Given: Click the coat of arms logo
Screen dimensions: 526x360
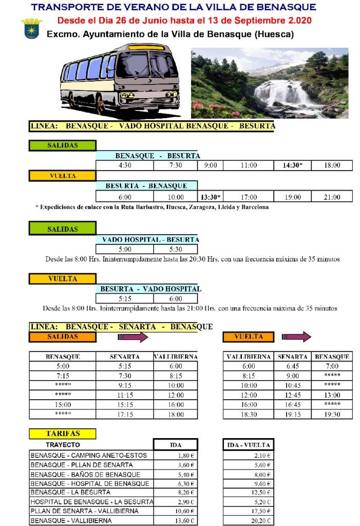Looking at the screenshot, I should coord(30,28).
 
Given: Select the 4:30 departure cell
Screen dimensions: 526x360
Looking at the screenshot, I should coord(125,165).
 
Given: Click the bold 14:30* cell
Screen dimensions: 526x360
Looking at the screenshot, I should coord(293,165).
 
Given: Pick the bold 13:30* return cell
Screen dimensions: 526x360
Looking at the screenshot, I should coord(211,197).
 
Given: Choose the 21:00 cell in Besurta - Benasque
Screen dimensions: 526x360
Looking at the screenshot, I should coord(332,197).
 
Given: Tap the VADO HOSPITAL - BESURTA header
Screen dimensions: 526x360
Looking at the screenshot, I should coord(150,239).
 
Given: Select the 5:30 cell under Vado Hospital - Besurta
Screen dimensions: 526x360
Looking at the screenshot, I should coord(176,249).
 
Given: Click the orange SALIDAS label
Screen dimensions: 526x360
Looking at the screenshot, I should coord(62,337).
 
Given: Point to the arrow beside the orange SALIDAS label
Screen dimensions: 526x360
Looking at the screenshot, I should coord(133,337).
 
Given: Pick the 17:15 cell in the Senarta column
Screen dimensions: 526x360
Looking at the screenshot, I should coord(124,414).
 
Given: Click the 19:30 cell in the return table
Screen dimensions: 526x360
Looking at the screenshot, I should coord(332,414).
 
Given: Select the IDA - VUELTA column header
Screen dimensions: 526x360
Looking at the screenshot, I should coord(249,445).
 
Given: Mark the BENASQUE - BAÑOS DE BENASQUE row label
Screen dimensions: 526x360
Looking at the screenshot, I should coord(85,474).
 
